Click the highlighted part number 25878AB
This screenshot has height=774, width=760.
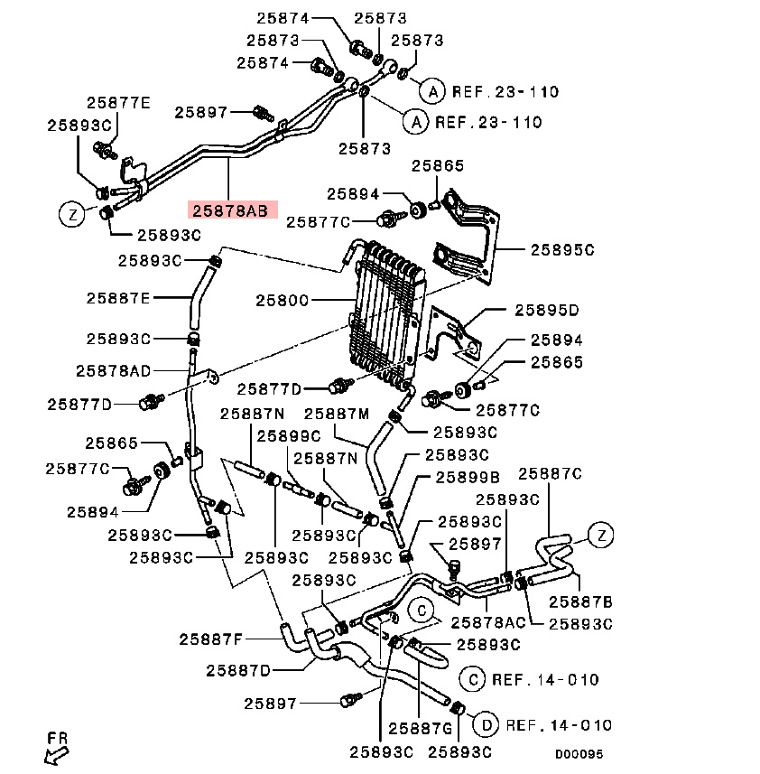[230, 210]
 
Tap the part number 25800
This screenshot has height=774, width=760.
[283, 300]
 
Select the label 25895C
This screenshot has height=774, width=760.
[562, 250]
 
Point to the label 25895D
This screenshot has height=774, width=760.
[547, 310]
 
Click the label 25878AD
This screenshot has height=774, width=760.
[114, 370]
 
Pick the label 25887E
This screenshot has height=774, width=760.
[118, 298]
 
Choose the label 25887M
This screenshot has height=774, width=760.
[337, 414]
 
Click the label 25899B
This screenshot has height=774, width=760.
[468, 478]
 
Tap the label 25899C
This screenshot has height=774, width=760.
[289, 436]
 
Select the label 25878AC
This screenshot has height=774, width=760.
[488, 622]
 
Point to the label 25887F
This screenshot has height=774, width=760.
[210, 639]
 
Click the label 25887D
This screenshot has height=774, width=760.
[238, 671]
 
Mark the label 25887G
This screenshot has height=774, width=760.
[421, 729]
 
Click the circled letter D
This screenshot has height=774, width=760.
[487, 725]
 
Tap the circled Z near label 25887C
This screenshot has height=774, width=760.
[601, 535]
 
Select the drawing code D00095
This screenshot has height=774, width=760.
[579, 754]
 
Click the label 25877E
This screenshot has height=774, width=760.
[118, 103]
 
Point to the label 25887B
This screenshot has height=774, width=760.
[580, 601]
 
